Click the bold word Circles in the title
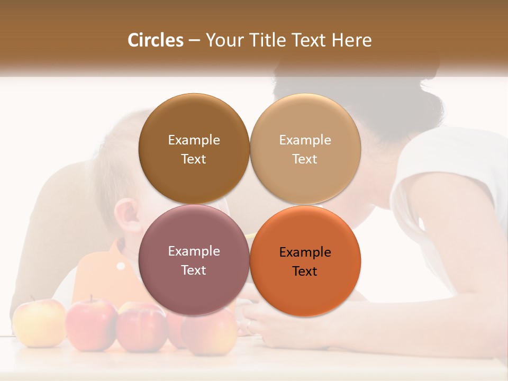(155, 40)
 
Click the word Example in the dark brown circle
(194, 140)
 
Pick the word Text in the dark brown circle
(194, 159)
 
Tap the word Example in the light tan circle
(305, 140)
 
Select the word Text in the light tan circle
(305, 159)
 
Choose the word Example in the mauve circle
(194, 251)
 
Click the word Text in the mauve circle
(194, 270)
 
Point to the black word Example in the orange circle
(305, 252)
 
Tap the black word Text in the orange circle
(305, 271)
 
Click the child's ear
(127, 217)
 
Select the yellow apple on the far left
(39, 322)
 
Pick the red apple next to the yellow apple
(91, 324)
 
